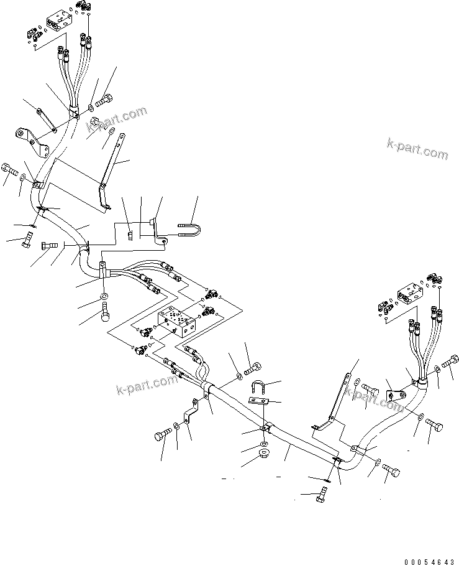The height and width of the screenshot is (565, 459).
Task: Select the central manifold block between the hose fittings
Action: click(180, 322)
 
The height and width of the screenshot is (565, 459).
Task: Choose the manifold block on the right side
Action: click(411, 293)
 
